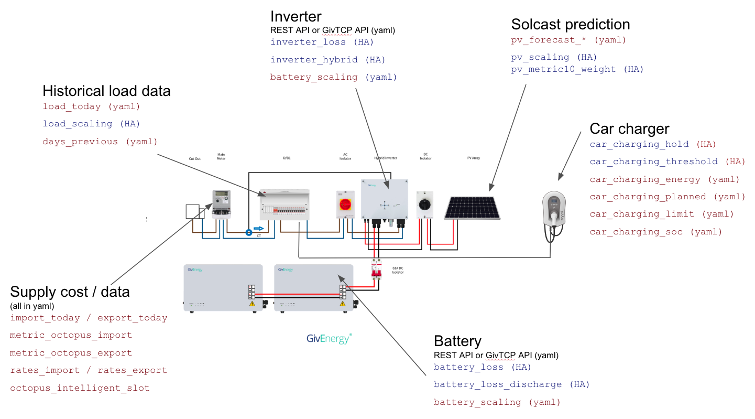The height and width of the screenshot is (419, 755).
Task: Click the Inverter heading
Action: coord(296,17)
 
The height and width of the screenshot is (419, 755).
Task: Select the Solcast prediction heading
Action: coord(570,24)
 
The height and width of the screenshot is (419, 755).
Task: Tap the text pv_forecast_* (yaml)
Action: coord(568,40)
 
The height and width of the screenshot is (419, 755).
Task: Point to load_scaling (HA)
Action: coord(91,124)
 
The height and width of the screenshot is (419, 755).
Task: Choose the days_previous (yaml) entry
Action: coord(100,142)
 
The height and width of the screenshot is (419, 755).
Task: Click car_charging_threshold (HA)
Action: coord(667,162)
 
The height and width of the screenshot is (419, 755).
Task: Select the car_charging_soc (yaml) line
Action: coord(655,232)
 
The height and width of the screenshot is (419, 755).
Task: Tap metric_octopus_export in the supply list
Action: coord(71,353)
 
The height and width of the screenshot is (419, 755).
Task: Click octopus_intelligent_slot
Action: coord(80,388)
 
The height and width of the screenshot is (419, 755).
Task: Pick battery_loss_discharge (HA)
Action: coord(511,384)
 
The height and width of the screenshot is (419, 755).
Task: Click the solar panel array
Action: coord(472,208)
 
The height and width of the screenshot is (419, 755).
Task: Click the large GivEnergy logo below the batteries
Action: coord(329,338)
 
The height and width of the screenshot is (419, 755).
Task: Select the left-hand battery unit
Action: coord(223,288)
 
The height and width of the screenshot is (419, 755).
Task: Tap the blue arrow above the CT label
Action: coord(258,229)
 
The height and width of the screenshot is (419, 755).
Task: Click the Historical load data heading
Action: coord(106,91)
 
